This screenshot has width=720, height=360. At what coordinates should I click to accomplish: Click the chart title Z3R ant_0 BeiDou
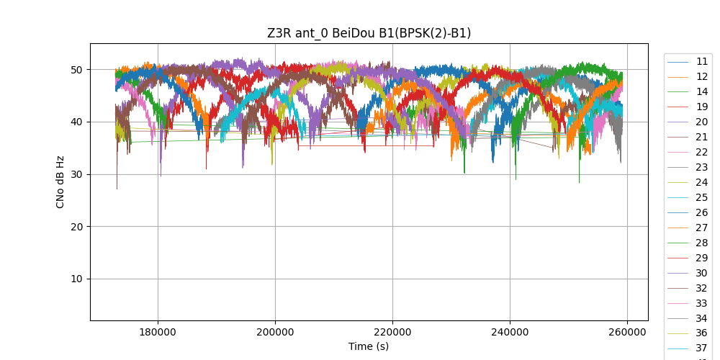click(369, 33)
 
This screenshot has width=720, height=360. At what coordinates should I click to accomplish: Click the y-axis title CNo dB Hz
click(60, 181)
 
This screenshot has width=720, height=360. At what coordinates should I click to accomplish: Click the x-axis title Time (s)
click(369, 346)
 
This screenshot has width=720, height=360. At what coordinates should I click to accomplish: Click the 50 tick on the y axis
click(76, 70)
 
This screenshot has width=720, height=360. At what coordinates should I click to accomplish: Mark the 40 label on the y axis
click(76, 122)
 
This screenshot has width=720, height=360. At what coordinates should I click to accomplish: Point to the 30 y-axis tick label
click(76, 174)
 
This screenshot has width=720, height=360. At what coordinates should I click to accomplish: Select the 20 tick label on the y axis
click(76, 227)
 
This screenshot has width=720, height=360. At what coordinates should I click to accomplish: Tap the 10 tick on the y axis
click(76, 279)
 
